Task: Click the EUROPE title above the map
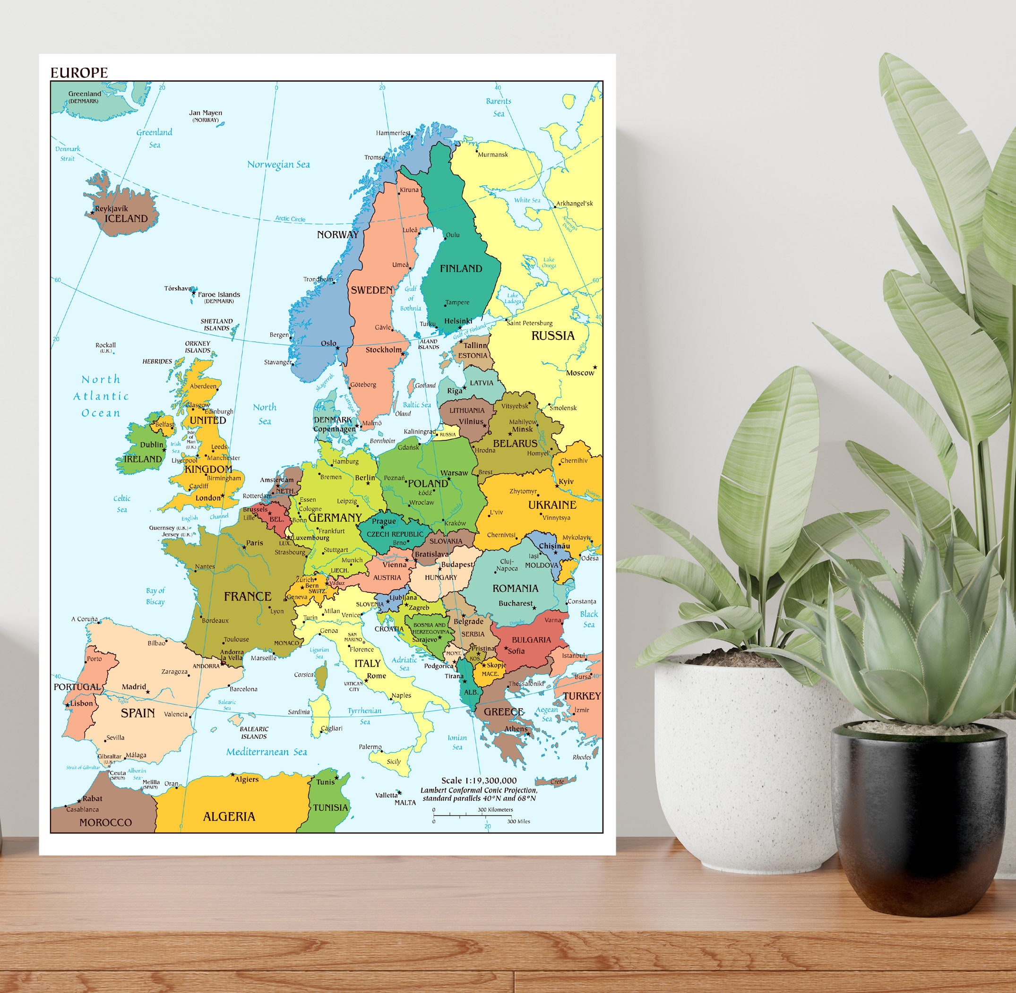[x=79, y=72]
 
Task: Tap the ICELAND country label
[x=126, y=219]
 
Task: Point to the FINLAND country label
[x=461, y=269]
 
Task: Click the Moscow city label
[x=580, y=373]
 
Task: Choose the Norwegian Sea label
[x=278, y=165]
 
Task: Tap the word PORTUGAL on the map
[x=77, y=687]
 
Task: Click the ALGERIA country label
[x=229, y=817]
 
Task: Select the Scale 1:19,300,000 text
[x=479, y=781]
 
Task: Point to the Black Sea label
[x=589, y=619]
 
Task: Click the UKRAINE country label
[x=552, y=505]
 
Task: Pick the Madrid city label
[x=134, y=687]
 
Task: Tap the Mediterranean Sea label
[x=266, y=752]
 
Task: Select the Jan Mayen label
[x=205, y=112]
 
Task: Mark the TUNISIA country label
[x=330, y=807]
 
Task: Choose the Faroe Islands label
[x=219, y=295]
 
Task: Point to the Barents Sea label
[x=499, y=107]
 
